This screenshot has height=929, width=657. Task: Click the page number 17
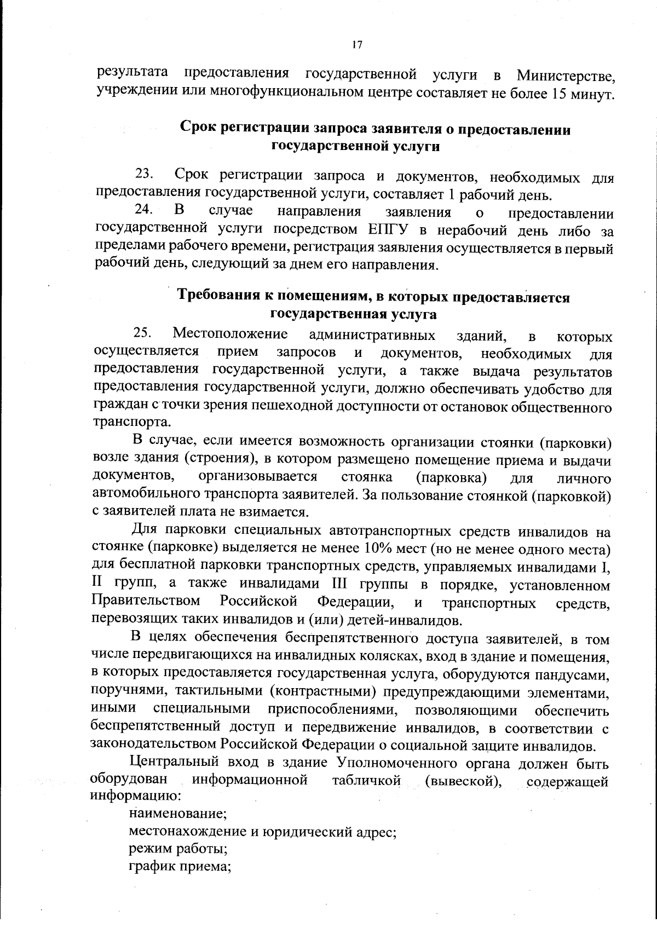356,45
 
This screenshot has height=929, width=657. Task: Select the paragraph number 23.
144,176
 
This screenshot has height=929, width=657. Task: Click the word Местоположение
230,333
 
